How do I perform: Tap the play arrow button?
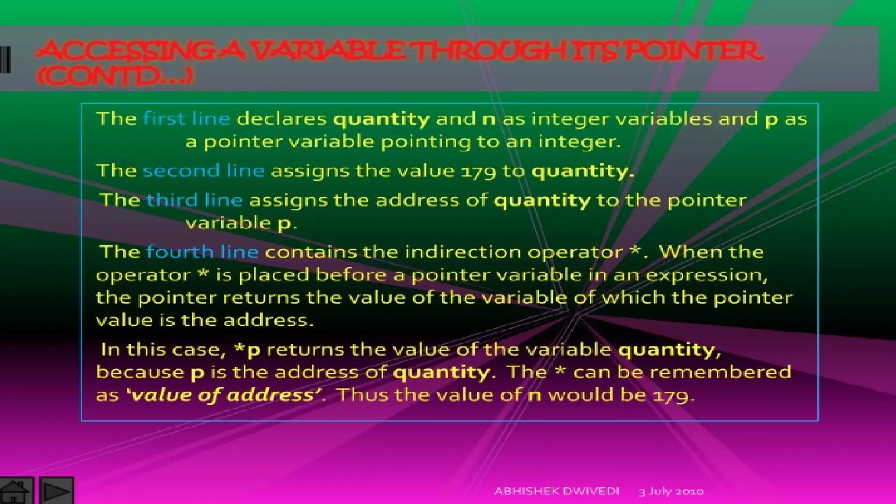point(57,491)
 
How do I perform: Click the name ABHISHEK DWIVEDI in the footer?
point(556,491)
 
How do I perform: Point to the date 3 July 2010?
point(671,492)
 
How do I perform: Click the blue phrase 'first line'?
point(186,119)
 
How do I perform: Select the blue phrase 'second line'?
point(203,171)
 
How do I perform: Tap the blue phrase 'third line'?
point(194,200)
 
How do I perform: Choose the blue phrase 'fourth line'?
point(202,252)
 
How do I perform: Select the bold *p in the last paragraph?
point(247,350)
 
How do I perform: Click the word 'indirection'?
point(463,252)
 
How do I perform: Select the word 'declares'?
point(281,119)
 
